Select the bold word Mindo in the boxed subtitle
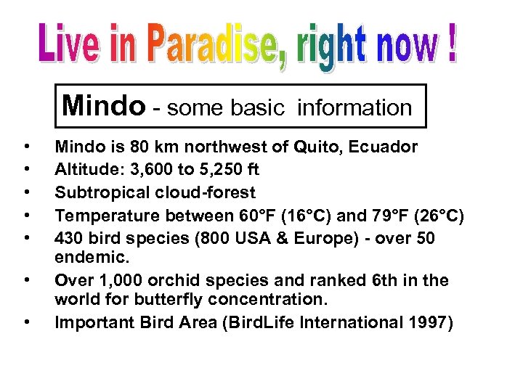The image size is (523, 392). coord(103,106)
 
